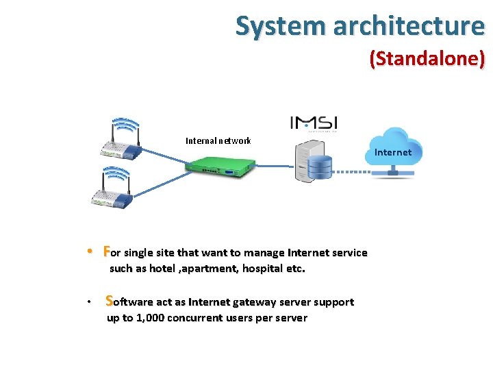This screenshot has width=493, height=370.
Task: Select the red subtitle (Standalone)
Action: tap(427, 59)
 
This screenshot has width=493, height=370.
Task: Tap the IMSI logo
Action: tap(314, 123)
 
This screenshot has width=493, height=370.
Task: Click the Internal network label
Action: tap(218, 141)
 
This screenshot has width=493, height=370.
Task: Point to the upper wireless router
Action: tap(117, 140)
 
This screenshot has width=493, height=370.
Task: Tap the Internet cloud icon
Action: tap(393, 151)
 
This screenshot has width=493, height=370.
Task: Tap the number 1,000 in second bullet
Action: tap(147, 318)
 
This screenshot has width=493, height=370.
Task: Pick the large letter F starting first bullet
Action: tap(106, 251)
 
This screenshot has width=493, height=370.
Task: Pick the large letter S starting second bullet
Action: tap(110, 301)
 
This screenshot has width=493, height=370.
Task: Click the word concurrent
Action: tap(194, 318)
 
